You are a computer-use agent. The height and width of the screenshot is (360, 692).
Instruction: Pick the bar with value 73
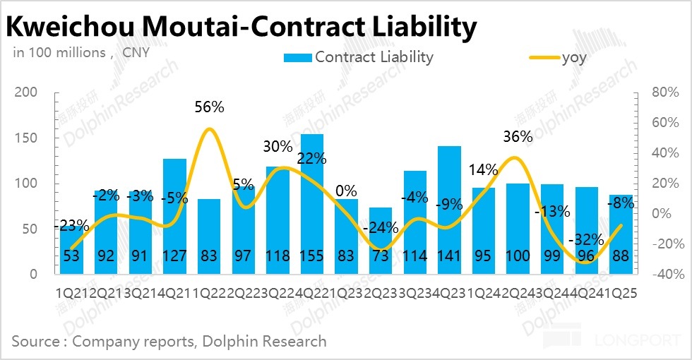tap(381, 241)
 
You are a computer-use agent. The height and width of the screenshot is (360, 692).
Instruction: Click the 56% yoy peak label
tap(209, 107)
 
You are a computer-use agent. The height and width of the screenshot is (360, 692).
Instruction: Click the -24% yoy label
tap(381, 228)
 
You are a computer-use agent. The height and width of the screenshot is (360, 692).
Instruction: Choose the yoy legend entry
tap(574, 57)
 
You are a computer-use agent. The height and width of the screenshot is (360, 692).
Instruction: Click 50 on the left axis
tap(29, 229)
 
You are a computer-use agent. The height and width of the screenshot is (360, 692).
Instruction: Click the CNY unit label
tap(136, 52)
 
